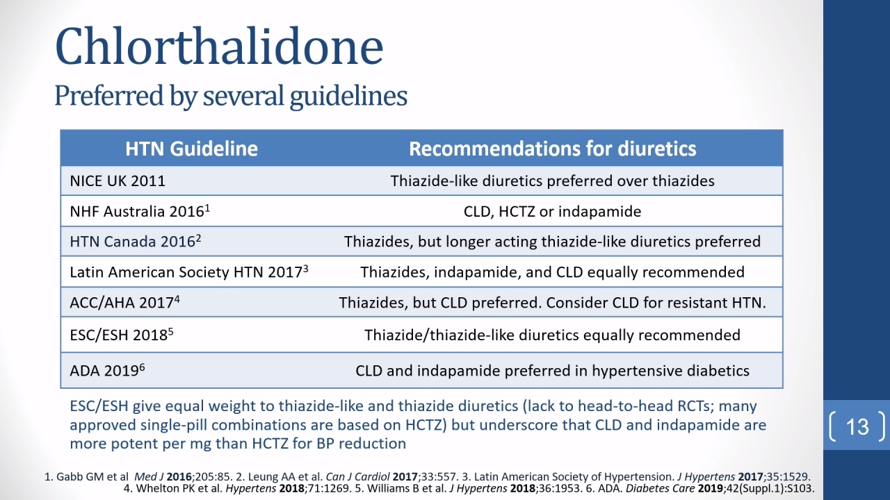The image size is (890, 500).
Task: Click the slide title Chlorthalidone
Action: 219,47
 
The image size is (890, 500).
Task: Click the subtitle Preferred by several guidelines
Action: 231,96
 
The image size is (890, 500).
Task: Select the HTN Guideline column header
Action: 191,149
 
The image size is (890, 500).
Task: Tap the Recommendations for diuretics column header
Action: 553,149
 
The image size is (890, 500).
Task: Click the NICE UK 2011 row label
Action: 118,181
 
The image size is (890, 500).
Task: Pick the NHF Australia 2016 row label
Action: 140,211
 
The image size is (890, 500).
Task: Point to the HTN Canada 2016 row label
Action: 136,241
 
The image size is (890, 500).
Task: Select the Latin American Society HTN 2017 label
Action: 189,272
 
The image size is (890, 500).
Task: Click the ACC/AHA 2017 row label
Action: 124,302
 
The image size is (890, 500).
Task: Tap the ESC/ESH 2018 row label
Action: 122,335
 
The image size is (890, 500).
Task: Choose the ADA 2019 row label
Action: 107,370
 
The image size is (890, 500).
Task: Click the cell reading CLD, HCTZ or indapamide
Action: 552,212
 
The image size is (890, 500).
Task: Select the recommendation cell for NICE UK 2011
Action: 552,181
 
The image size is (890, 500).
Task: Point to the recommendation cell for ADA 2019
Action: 552,371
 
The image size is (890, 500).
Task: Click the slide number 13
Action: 857,427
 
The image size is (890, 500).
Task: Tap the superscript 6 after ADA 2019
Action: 143,367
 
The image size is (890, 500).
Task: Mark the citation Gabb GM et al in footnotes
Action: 92,476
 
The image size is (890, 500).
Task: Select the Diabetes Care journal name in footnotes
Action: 661,488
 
